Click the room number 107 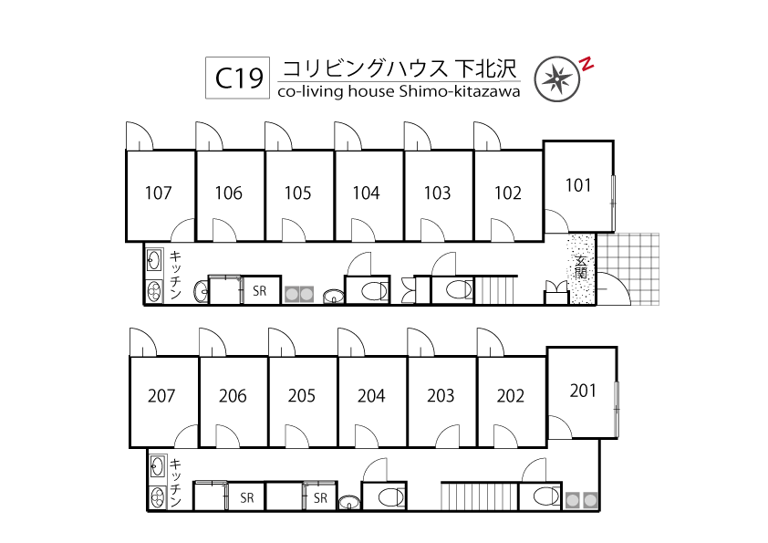pos(159,193)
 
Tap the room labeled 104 pos(367,193)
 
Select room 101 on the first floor pos(578,185)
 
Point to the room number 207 pos(161,396)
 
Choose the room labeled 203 pos(441,396)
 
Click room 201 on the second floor pos(583,391)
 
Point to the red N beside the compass pos(587,64)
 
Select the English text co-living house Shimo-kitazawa pos(399,91)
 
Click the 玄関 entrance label pos(581,268)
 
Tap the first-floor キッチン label pos(176,276)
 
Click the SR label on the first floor pos(260,292)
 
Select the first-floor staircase pos(496,290)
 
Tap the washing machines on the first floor pos(302,294)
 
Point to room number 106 pos(229,193)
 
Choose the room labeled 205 pos(302,396)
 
